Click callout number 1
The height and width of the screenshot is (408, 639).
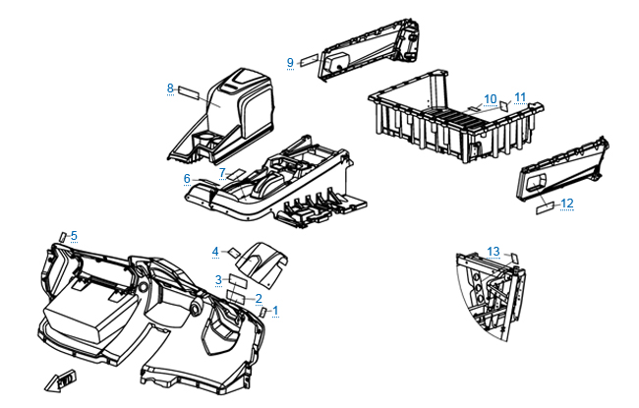tap(276, 311)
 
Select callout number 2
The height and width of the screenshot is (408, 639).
tap(259, 299)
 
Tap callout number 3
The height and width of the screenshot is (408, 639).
tap(219, 280)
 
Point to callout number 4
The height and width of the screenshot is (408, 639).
tap(215, 252)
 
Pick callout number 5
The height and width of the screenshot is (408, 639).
tap(74, 235)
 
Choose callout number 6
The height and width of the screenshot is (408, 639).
tap(187, 179)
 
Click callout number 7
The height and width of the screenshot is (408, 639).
tap(223, 172)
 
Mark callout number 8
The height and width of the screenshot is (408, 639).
tap(170, 88)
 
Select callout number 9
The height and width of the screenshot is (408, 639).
tap(290, 63)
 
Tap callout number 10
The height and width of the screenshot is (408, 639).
tap(491, 99)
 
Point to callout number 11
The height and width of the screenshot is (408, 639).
tap(520, 96)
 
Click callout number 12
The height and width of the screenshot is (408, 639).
tap(567, 204)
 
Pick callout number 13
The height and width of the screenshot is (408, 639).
tap(494, 251)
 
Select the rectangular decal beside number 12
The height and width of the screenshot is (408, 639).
tap(544, 208)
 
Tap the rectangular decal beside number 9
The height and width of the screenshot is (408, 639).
tap(309, 60)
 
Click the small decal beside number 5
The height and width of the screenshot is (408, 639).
tap(64, 236)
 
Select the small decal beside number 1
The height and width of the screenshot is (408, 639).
tap(264, 312)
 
